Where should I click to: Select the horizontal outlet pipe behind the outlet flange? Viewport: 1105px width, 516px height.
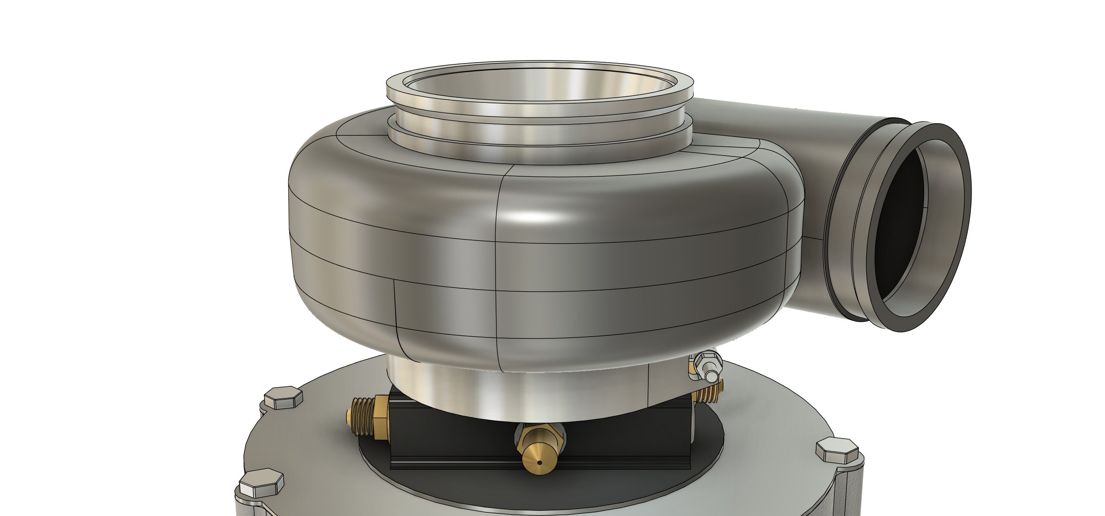777,125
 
